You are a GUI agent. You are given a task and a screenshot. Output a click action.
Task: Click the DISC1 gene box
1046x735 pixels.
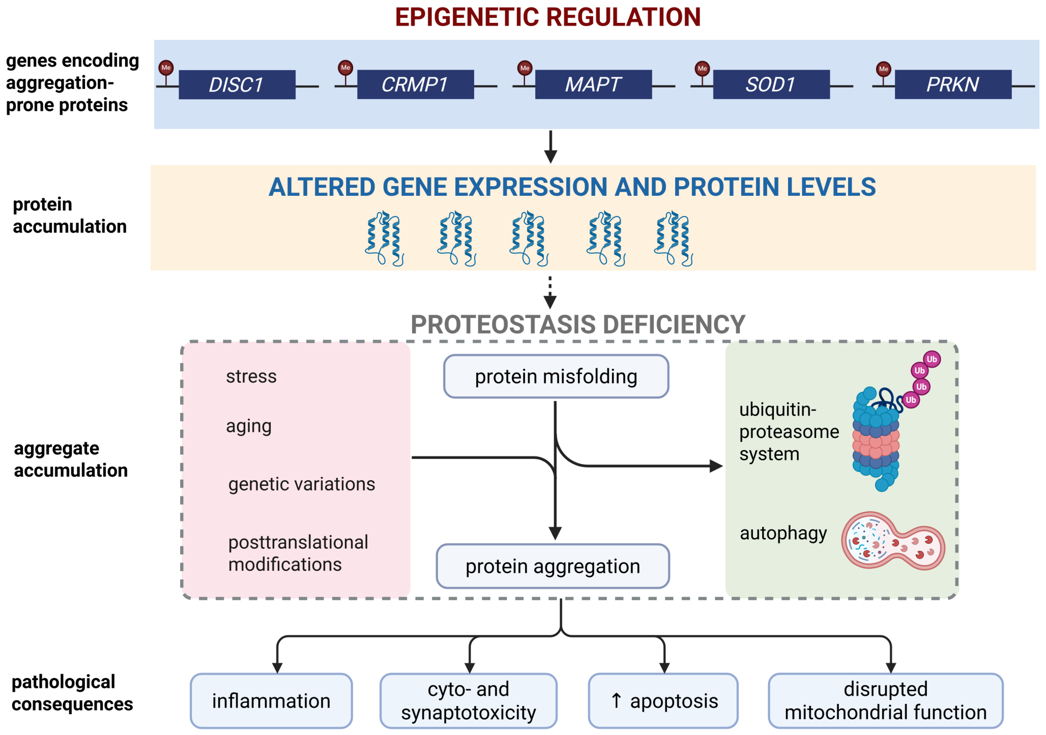pos(237,84)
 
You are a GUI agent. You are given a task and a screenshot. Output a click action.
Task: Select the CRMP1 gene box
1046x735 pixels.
pos(416,84)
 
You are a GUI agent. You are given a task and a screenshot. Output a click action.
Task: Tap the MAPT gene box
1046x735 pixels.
pos(594,84)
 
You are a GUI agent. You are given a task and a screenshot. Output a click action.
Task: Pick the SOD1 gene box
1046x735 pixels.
pos(771,84)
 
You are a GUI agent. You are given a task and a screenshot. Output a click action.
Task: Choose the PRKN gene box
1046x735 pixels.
pos(953,84)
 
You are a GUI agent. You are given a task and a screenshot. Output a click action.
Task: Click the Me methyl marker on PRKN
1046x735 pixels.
pos(884,69)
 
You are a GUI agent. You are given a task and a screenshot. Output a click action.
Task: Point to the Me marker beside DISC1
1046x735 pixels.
pos(166,68)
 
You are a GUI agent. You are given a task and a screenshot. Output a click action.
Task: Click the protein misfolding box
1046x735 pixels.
pos(556,376)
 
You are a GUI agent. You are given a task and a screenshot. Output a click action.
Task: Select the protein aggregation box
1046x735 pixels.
pos(553,566)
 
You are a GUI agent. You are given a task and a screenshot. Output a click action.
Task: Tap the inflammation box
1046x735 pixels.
pos(271,701)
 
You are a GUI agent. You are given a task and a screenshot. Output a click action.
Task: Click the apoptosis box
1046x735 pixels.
pos(663,701)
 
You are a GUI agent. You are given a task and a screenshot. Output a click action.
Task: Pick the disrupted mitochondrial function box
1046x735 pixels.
pos(886,701)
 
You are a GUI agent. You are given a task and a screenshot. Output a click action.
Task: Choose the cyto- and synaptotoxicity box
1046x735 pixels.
pos(469,701)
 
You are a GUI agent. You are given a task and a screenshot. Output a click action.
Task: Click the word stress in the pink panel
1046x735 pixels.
pos(251,376)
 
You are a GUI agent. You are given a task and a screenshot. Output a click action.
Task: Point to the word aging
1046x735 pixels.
pos(249,427)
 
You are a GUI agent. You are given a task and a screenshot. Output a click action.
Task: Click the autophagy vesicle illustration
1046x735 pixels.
pos(893,541)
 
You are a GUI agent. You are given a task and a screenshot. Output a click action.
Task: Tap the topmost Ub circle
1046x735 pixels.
pos(932,359)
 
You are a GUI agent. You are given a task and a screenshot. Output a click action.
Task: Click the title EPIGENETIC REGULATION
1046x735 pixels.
pos(548,17)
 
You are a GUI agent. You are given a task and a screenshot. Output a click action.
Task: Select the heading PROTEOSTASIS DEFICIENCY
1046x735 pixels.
pos(578,325)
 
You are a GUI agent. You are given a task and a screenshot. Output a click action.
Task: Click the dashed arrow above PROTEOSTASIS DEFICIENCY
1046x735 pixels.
pos(550,292)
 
